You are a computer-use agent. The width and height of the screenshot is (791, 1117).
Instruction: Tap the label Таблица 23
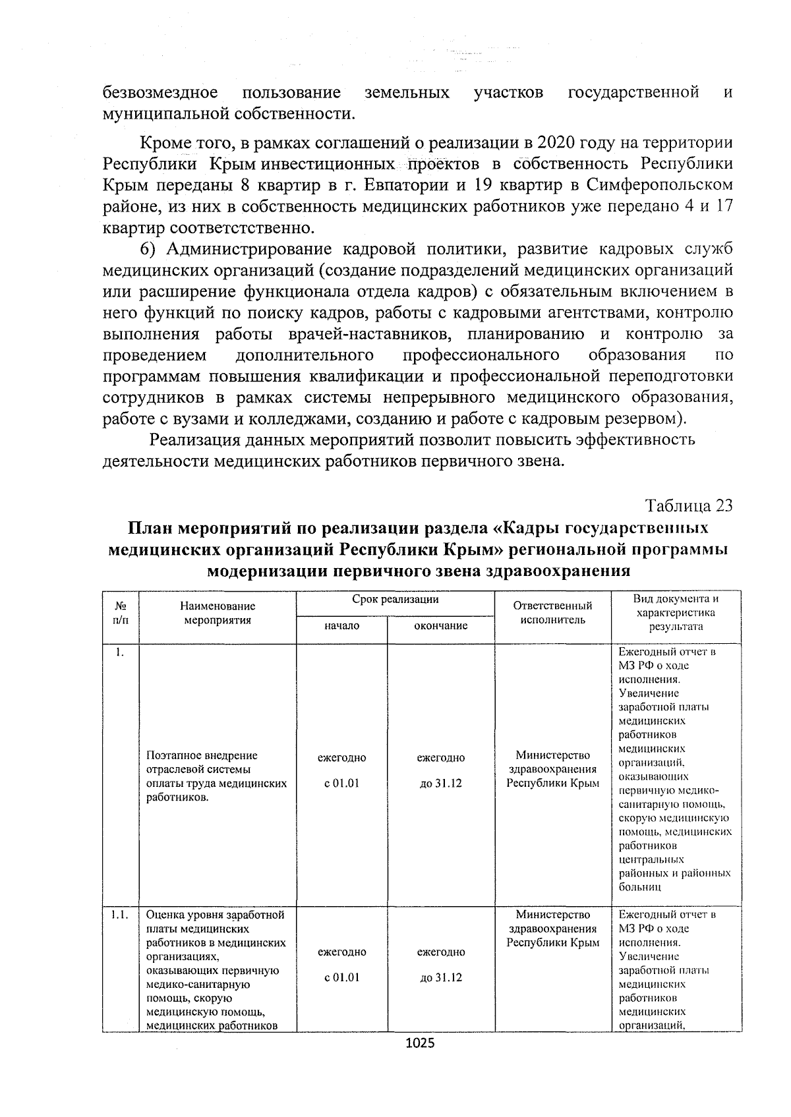[x=689, y=505]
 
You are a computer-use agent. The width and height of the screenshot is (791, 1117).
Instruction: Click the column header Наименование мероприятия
[x=217, y=612]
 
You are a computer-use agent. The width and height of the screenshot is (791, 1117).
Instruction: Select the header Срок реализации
[x=395, y=599]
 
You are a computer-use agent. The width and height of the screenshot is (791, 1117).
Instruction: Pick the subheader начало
[x=342, y=625]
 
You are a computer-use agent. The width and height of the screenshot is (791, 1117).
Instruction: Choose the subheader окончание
[x=440, y=625]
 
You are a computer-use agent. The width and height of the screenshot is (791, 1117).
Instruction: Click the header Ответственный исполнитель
[x=552, y=612]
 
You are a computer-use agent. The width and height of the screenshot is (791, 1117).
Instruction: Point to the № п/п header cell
[x=121, y=612]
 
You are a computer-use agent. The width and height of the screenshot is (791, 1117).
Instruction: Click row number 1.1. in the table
[x=120, y=915]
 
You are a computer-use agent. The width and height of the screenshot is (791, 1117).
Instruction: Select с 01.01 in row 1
[x=342, y=784]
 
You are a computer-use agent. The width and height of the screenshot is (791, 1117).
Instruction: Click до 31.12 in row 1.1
[x=440, y=977]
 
